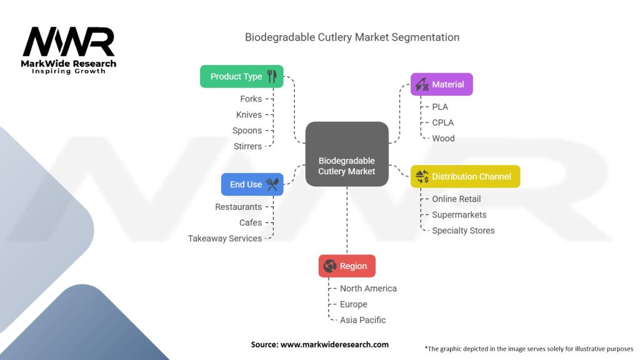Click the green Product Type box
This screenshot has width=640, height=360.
click(x=242, y=76)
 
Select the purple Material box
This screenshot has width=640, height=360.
click(x=442, y=84)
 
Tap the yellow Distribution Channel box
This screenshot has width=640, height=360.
click(x=465, y=176)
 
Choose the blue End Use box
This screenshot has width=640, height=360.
click(x=252, y=184)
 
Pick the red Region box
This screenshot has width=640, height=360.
click(x=347, y=266)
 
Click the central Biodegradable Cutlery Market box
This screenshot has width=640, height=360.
click(x=347, y=154)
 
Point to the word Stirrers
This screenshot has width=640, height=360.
click(x=247, y=146)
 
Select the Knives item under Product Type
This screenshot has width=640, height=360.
click(x=249, y=115)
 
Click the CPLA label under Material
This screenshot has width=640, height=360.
click(x=443, y=122)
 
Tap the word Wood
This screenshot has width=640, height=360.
click(x=443, y=138)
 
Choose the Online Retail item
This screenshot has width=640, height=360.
click(x=456, y=199)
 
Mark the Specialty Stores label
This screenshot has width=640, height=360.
click(x=463, y=231)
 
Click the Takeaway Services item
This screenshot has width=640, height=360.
click(x=225, y=238)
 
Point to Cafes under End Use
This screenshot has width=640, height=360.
click(x=251, y=222)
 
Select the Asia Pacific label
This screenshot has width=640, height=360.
click(x=363, y=320)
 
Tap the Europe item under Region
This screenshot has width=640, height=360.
click(x=354, y=304)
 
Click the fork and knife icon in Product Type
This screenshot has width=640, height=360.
click(x=272, y=76)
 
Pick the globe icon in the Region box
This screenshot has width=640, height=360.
click(x=330, y=266)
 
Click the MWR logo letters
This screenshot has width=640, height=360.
click(x=69, y=42)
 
